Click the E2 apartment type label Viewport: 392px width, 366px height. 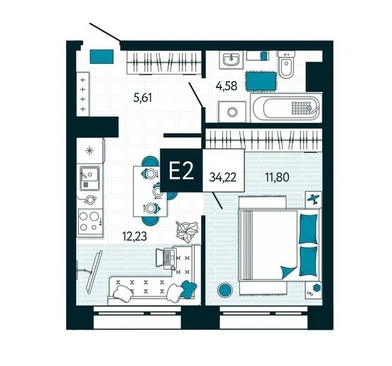181,171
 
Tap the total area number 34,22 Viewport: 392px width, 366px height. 223,178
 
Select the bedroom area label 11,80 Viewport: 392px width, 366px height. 277,177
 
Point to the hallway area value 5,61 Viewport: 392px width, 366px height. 143,97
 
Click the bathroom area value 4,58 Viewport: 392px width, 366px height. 227,86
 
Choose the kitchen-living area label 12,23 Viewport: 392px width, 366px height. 134,236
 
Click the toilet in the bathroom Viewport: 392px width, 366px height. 286,65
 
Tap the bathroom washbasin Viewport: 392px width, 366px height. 232,60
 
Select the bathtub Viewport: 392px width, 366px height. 286,108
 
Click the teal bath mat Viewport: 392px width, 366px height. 262,81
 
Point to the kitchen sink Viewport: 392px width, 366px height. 89,177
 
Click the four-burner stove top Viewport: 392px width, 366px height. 90,222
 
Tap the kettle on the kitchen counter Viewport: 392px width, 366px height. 89,200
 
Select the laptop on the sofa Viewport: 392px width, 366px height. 165,258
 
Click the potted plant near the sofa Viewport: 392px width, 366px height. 187,231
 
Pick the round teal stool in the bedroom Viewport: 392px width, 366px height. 224,289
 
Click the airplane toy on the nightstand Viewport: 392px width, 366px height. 313,199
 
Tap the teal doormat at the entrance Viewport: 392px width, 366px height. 102,57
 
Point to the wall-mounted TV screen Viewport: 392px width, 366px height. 94,272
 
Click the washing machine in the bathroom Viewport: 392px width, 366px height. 232,112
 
